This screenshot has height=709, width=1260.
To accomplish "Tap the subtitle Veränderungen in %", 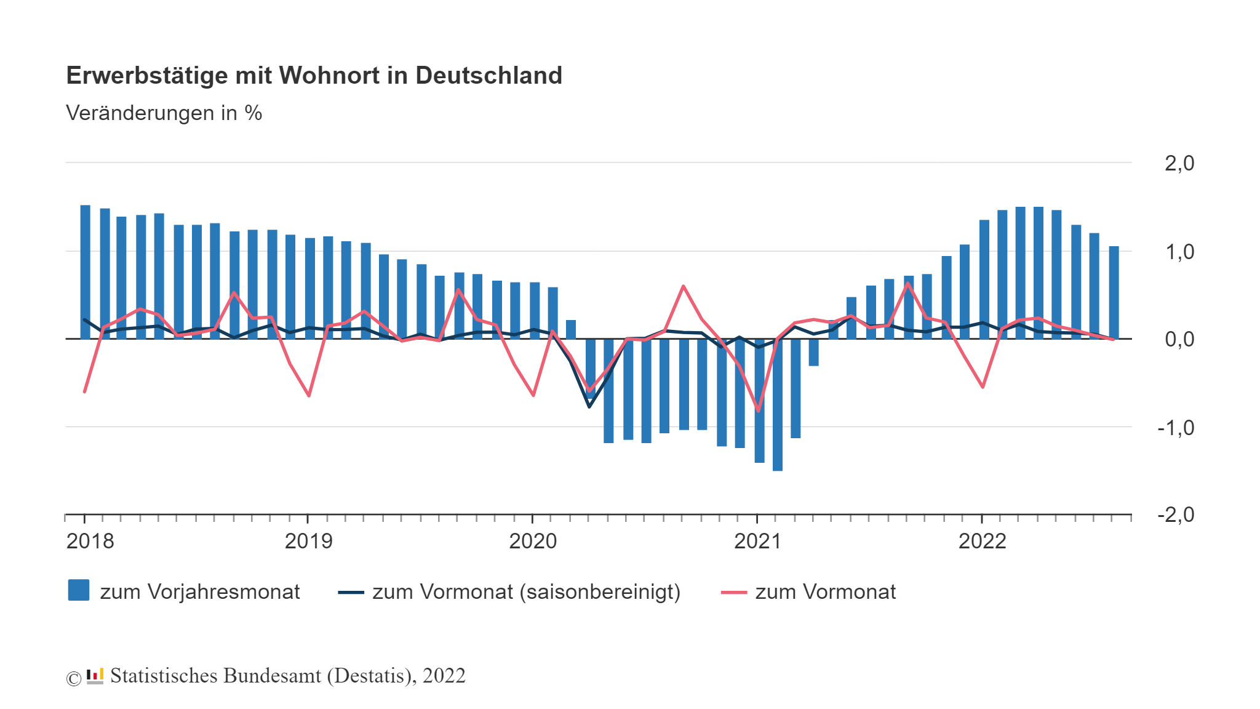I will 164,113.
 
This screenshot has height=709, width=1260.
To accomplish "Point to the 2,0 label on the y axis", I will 1179,163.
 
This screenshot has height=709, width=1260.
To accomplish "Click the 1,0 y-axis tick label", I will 1179,252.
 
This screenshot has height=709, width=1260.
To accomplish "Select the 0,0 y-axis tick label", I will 1179,339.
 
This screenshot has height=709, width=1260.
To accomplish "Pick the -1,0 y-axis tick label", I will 1175,428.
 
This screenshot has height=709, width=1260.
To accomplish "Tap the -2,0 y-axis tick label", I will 1175,515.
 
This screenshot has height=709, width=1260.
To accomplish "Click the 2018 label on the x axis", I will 90,542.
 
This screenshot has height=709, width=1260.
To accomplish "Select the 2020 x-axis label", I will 533,542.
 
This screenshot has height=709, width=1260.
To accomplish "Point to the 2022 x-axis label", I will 982,542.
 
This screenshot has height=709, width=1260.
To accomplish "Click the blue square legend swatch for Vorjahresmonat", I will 79,590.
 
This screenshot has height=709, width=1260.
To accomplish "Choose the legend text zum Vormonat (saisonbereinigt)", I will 526,592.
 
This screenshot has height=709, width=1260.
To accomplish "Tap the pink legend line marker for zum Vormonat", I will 733,592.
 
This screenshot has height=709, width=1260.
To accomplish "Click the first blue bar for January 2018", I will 86,271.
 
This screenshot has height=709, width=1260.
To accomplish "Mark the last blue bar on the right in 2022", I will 1114,292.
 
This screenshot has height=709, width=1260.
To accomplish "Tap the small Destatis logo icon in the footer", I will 95,676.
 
